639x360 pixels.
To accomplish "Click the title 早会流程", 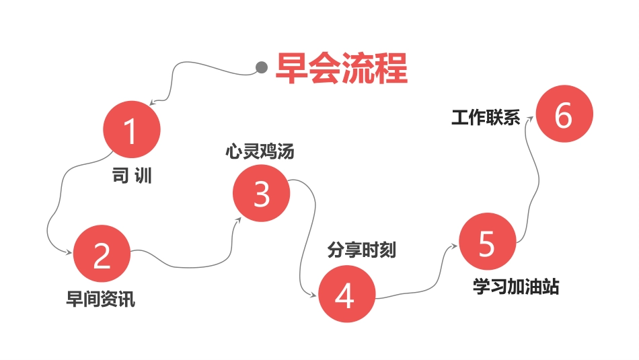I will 342,68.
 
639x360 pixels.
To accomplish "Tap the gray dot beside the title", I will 262,67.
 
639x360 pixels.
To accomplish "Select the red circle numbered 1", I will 132,130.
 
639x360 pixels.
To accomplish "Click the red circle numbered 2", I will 102,254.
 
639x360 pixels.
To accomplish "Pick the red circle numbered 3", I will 262,194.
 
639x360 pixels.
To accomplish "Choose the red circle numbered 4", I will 345,295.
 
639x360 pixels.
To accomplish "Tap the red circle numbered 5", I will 487,242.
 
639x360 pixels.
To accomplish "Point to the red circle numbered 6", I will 564,115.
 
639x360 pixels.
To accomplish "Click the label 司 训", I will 132,176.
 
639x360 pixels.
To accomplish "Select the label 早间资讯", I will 101,299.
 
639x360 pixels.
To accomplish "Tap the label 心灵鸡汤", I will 260,151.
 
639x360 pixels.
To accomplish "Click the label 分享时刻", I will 362,250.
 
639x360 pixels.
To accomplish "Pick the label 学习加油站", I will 516,287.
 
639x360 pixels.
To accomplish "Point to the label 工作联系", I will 486,118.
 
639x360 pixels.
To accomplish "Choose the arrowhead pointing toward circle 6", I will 531,118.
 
